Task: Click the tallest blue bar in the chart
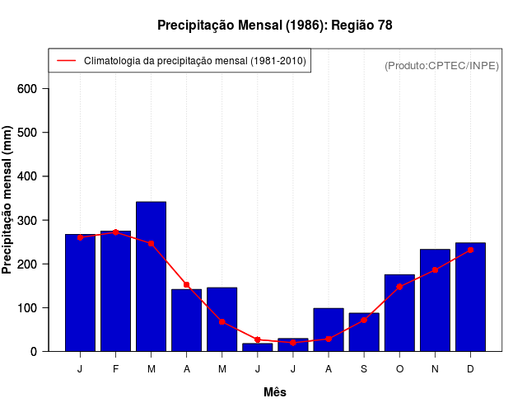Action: (x=151, y=276)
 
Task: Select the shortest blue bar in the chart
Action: (x=257, y=347)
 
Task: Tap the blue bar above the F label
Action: (x=115, y=291)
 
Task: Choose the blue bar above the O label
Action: (x=399, y=313)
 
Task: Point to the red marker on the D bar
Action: (x=470, y=250)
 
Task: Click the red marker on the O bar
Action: (x=399, y=287)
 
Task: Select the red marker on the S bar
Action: (x=363, y=320)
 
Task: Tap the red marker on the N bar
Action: (x=435, y=269)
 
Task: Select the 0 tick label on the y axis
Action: (x=34, y=352)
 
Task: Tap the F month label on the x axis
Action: (x=115, y=369)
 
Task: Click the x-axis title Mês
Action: (x=275, y=392)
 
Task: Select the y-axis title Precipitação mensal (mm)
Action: (x=8, y=200)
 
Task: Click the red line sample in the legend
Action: (x=67, y=61)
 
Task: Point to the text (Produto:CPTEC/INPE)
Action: (x=442, y=65)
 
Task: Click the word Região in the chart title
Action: (x=352, y=26)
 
